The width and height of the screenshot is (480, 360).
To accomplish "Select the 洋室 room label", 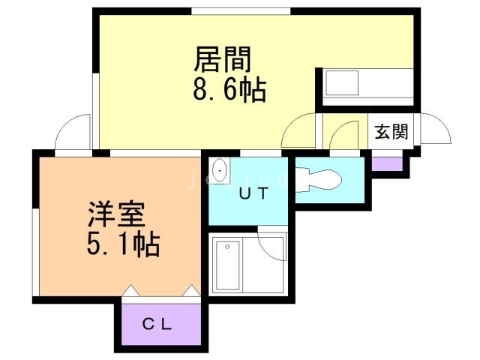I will (115, 215).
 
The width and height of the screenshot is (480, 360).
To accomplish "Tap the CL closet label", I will (158, 325).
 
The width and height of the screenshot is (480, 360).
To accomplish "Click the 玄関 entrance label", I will (391, 133).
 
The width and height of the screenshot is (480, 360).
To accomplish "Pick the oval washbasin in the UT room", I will (220, 171).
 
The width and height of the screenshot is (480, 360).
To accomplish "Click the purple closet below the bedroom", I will (158, 322).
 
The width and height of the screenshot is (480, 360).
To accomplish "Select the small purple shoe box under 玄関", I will (387, 163).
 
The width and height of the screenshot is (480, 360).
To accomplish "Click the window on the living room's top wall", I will (240, 10).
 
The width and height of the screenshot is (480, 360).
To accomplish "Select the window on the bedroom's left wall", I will (34, 252).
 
